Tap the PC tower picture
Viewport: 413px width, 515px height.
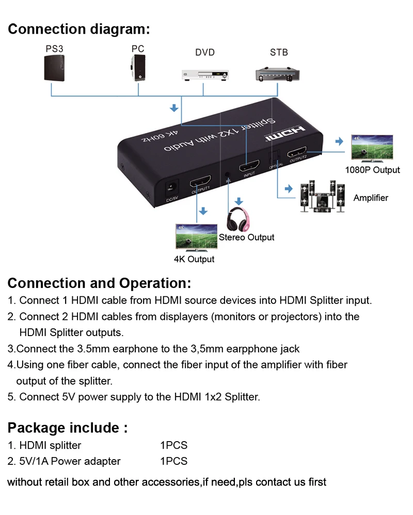tap(137, 69)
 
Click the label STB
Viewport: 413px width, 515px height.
tap(279, 52)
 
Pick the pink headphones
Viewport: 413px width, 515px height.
tap(239, 220)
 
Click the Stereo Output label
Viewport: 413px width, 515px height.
tap(247, 237)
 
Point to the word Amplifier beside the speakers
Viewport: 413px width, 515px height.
tap(371, 198)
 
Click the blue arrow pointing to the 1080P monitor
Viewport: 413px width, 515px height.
tap(339, 142)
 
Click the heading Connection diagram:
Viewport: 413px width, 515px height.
tap(78, 29)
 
